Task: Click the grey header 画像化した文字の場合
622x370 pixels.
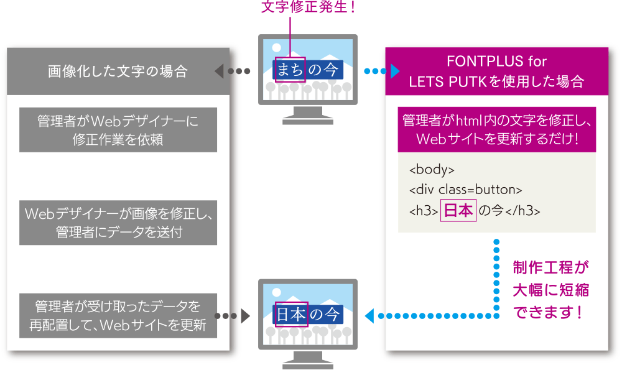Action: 118,72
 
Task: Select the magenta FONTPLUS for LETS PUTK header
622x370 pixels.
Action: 496,72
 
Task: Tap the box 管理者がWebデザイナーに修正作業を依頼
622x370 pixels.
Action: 118,130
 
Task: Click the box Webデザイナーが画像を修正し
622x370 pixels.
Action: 118,223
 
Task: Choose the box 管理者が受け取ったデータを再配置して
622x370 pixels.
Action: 118,315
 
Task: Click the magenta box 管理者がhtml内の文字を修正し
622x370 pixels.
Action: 496,129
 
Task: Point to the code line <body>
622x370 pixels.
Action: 432,169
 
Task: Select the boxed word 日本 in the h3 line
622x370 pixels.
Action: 458,211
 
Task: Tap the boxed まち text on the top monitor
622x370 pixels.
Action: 290,70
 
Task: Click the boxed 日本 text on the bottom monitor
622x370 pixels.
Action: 290,315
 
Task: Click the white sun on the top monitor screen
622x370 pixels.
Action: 277,47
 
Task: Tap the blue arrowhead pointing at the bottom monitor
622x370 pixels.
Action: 369,316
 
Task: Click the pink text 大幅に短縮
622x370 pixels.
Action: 550,290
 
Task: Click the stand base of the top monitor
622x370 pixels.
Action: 308,119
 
